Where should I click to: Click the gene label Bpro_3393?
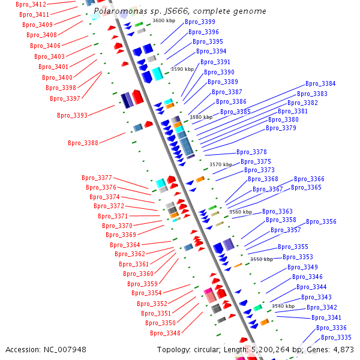[72, 115]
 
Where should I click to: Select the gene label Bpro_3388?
[83, 143]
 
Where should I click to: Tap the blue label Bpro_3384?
[320, 84]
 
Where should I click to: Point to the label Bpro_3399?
[200, 22]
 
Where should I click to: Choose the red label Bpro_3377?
[97, 178]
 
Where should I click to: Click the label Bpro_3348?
[165, 333]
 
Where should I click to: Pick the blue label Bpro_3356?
[321, 222]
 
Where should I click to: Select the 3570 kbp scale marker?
[220, 164]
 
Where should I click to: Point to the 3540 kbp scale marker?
[283, 306]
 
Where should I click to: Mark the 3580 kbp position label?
[200, 117]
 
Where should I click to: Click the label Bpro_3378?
[251, 152]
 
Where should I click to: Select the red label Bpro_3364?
[125, 245]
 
